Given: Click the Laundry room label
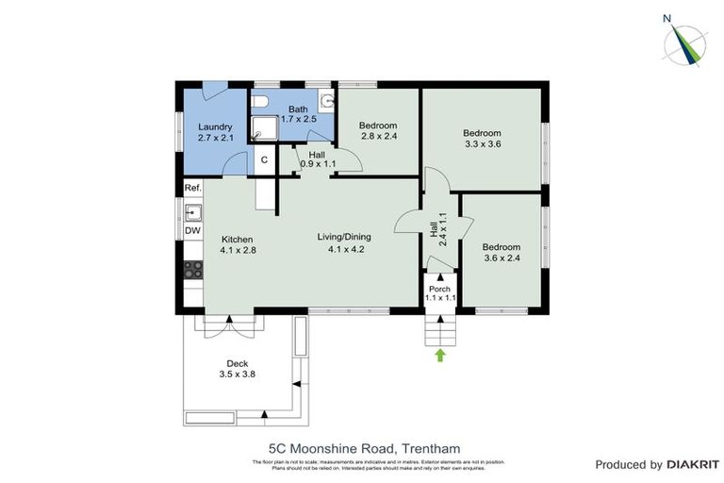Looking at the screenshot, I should coord(215,132).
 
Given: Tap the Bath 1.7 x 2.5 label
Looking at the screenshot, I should coord(298,113).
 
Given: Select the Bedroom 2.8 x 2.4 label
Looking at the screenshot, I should coord(377,131).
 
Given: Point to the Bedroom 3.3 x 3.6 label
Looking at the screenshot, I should coord(482,139).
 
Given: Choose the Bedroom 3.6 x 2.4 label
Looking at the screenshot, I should coord(501,252).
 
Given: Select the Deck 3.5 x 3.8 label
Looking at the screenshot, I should coord(236,369).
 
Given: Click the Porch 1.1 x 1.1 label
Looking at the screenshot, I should coord(440,292).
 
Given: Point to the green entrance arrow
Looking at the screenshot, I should coord(440,355).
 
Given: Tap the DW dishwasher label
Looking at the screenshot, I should coord(192,231).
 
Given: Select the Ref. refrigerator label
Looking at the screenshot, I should coord(192,189).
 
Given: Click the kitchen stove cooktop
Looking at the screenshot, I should coord(192,270).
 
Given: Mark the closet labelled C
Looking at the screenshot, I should coord(264,160).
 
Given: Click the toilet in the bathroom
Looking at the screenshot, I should coord(262,102).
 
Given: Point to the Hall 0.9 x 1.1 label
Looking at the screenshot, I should coord(318,158).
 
